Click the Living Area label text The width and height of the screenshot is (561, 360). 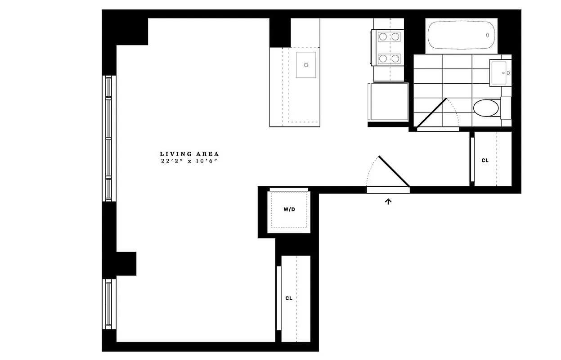pyautogui.click(x=189, y=154)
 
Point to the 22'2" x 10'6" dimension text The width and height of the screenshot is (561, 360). pyautogui.click(x=189, y=161)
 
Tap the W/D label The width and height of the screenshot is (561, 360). pyautogui.click(x=289, y=210)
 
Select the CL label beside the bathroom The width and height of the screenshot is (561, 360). pyautogui.click(x=485, y=161)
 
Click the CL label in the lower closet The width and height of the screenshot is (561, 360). pyautogui.click(x=289, y=298)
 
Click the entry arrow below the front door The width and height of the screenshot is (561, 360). pyautogui.click(x=388, y=201)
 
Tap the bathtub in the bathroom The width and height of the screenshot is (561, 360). pyautogui.click(x=462, y=35)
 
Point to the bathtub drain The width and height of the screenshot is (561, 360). pyautogui.click(x=487, y=35)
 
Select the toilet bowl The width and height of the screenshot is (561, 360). pyautogui.click(x=486, y=108)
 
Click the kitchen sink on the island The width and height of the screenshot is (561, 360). pyautogui.click(x=306, y=65)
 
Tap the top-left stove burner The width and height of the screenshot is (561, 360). pyautogui.click(x=383, y=36)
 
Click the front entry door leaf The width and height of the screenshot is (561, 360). pyautogui.click(x=394, y=171)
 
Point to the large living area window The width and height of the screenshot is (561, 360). pyautogui.click(x=108, y=138)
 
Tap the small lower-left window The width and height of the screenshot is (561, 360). pyautogui.click(x=108, y=304)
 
